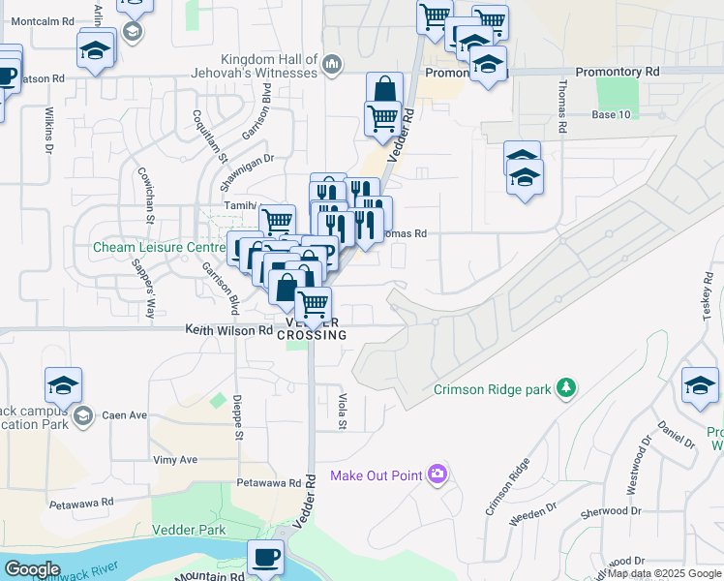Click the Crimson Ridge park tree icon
pyautogui.click(x=566, y=389)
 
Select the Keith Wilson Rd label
pyautogui.click(x=229, y=330)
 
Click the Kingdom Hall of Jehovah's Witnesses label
pyautogui.click(x=269, y=66)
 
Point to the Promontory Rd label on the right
pyautogui.click(x=617, y=72)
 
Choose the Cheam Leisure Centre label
pyautogui.click(x=158, y=247)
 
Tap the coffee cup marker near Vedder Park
pyautogui.click(x=264, y=557)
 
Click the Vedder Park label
pyautogui.click(x=189, y=530)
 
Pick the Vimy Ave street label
pyautogui.click(x=174, y=460)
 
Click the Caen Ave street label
pyautogui.click(x=124, y=414)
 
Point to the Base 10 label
pyautogui.click(x=611, y=114)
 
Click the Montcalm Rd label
pyautogui.click(x=40, y=20)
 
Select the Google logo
pyautogui.click(x=32, y=569)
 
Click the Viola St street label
pyautogui.click(x=343, y=411)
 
